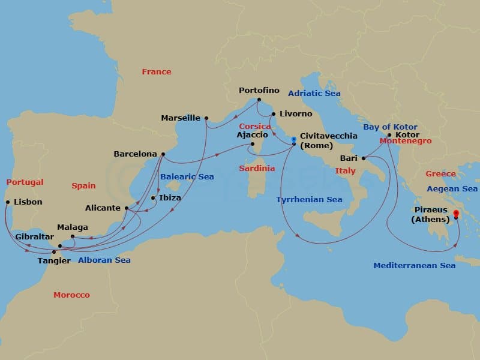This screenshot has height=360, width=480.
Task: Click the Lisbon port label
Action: tap(28, 202)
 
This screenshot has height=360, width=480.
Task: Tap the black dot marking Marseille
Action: tap(206, 118)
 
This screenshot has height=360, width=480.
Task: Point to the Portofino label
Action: tap(259, 91)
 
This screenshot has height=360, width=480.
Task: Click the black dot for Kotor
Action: tap(389, 135)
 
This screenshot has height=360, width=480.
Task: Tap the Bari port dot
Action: tap(364, 158)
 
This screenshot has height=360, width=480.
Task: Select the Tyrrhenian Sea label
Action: tap(309, 200)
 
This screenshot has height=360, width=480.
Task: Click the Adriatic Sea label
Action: tap(314, 94)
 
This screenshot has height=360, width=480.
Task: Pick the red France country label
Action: tap(157, 72)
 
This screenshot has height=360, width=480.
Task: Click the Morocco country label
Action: tap(71, 295)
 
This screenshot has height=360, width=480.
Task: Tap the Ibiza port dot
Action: tap(153, 198)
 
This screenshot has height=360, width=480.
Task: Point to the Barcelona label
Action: tap(135, 154)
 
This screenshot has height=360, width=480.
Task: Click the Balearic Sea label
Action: tap(187, 177)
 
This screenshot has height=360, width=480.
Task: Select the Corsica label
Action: tap(254, 127)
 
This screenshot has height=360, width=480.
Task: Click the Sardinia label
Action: tap(256, 169)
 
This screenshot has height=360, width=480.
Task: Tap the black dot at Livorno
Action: tap(274, 114)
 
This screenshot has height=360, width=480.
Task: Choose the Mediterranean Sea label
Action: tap(414, 265)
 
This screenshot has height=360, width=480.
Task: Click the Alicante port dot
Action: tap(127, 208)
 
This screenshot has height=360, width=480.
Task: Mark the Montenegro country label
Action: tap(406, 141)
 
